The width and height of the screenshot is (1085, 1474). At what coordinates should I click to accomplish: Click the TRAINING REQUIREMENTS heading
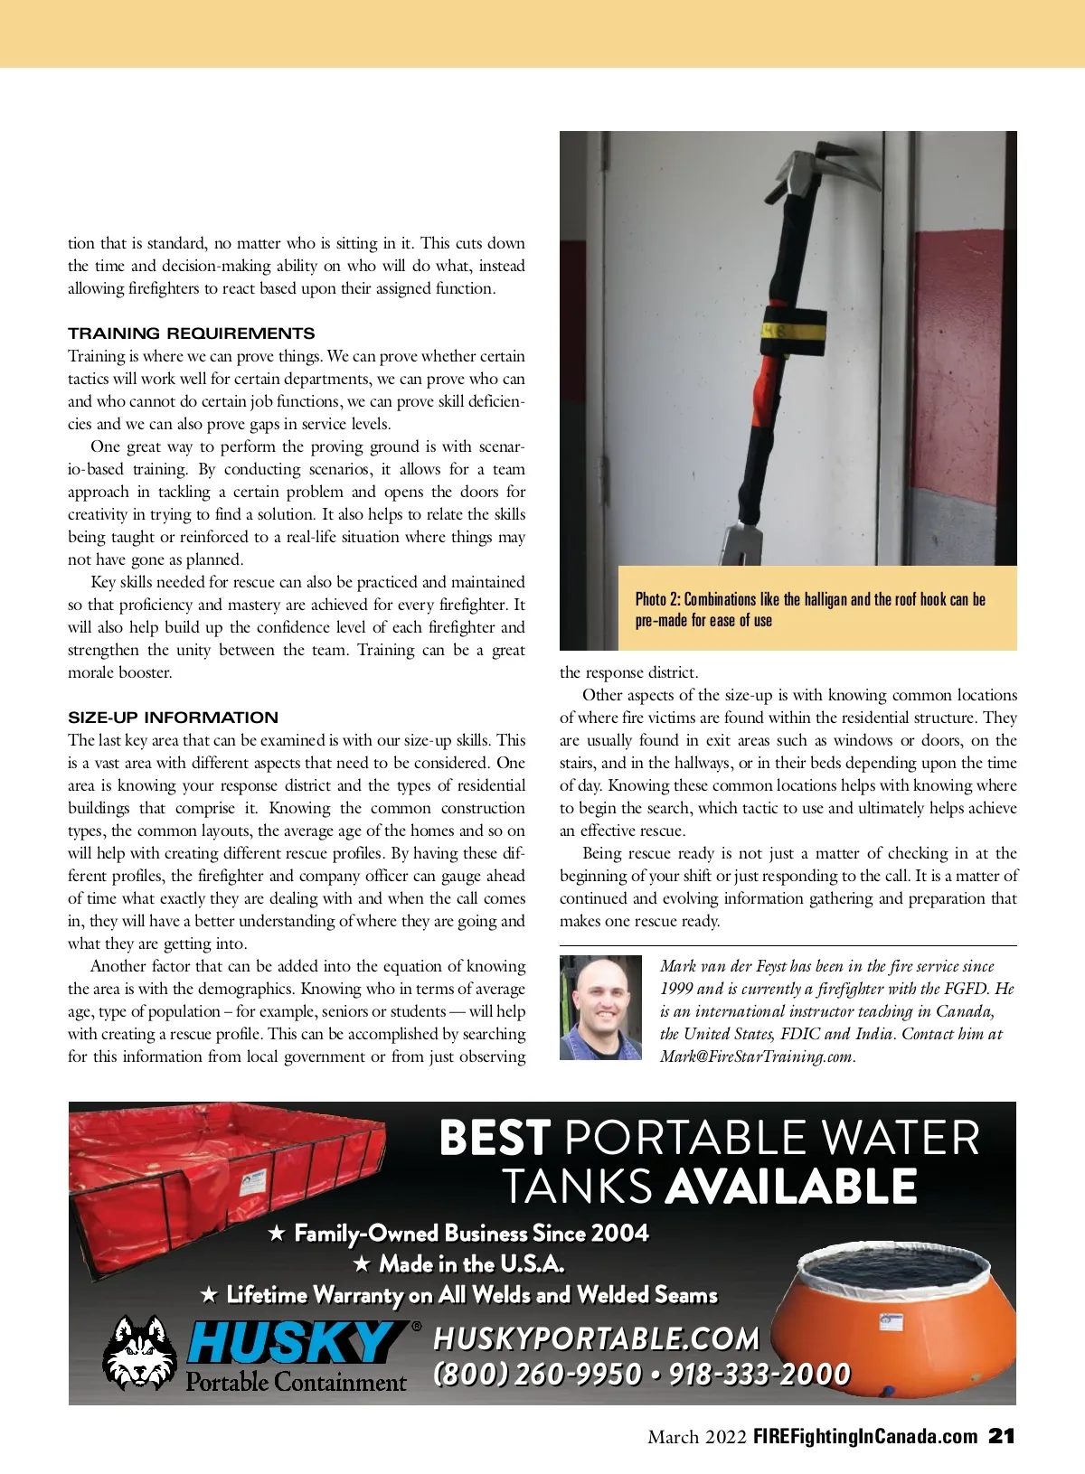pyautogui.click(x=191, y=333)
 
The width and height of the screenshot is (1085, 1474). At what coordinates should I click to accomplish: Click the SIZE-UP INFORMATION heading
pyautogui.click(x=173, y=718)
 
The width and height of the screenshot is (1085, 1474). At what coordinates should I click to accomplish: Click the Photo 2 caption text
pyautogui.click(x=809, y=610)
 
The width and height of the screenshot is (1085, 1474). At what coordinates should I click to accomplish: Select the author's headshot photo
pyautogui.click(x=600, y=1007)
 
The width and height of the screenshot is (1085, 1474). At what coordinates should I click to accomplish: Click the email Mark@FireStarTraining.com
pyautogui.click(x=756, y=1056)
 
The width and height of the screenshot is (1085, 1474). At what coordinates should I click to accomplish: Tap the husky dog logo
pyautogui.click(x=140, y=1352)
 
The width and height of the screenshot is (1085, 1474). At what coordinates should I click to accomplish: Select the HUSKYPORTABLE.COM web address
pyautogui.click(x=596, y=1338)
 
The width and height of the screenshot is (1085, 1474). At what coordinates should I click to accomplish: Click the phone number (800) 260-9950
pyautogui.click(x=537, y=1375)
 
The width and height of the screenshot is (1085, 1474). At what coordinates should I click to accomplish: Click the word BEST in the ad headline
pyautogui.click(x=495, y=1139)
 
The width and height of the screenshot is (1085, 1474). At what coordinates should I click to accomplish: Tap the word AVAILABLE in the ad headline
pyautogui.click(x=791, y=1187)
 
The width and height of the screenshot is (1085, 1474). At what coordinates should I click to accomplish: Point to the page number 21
pyautogui.click(x=1002, y=1436)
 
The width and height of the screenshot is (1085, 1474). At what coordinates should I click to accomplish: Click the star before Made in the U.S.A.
pyautogui.click(x=361, y=1263)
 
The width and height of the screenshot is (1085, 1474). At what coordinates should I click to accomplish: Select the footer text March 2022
pyautogui.click(x=696, y=1437)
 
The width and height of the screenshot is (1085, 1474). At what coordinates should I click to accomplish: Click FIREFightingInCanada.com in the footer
pyautogui.click(x=865, y=1437)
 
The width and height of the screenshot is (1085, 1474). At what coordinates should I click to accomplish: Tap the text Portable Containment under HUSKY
pyautogui.click(x=296, y=1383)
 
